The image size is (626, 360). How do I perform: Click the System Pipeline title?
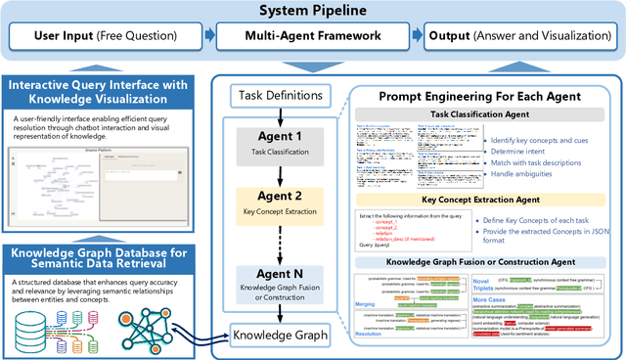click(313, 12)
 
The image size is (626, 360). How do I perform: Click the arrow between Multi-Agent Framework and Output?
click(416, 37)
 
